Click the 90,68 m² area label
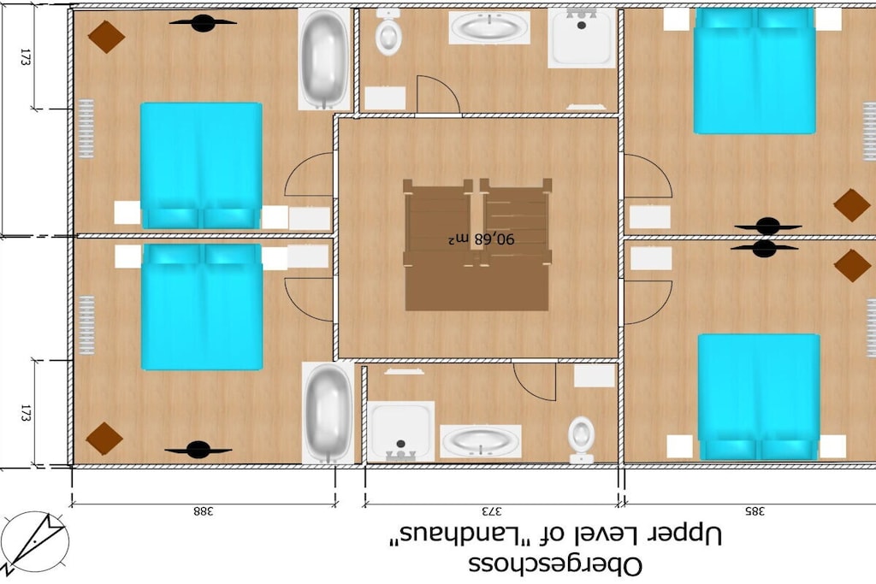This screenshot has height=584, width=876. pos(481,239)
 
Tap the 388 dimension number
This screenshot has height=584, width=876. pos(204,510)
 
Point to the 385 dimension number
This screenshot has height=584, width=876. pos(755,510)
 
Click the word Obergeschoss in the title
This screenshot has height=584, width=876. pos(554,565)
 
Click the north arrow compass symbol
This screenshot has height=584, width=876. pos(33,543)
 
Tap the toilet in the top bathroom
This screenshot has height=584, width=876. pos(388,32)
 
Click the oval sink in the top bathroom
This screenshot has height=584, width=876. pos(489,27)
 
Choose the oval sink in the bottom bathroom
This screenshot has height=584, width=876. pos(481,441)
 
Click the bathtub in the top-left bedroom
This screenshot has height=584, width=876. pos(324,59)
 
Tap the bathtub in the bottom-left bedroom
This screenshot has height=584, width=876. pos(328,413)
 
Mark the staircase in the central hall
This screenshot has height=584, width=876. pos(477,245)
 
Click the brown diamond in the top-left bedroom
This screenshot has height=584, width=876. pos(106,37)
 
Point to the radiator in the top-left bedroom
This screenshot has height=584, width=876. pos(86,128)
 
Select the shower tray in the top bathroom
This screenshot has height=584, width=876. pos(582,38)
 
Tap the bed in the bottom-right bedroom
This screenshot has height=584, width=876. pos(759,397)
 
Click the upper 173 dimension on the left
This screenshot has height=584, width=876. pos(24,57)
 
